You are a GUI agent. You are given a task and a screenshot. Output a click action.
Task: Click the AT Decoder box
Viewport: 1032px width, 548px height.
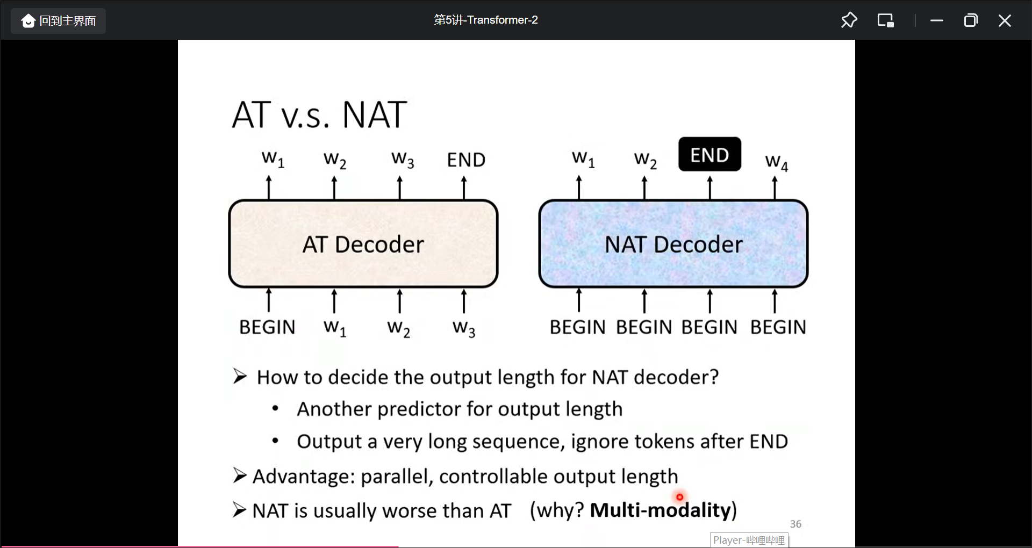[363, 244]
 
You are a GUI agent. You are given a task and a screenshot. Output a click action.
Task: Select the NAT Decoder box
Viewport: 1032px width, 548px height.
[673, 244]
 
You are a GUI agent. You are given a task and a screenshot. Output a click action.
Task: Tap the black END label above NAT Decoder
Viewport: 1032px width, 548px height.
[709, 155]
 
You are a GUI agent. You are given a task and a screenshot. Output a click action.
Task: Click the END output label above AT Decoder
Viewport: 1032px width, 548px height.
[466, 160]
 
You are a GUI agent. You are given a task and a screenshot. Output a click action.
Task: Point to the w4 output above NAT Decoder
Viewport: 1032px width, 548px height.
[776, 162]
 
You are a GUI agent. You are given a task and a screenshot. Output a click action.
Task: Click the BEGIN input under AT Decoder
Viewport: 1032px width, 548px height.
[267, 327]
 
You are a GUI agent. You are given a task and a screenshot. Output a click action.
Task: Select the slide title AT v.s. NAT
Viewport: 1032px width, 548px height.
[319, 115]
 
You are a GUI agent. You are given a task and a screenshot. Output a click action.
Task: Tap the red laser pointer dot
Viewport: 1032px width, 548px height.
[679, 497]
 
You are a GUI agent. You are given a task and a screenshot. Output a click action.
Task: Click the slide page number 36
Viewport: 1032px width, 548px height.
[795, 524]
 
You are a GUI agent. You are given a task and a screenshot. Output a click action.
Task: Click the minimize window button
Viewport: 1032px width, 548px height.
[937, 20]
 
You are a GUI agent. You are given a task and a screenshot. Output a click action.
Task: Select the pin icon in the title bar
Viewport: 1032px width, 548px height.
[849, 20]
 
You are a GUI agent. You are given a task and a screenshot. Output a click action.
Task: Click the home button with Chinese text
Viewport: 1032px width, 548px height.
[59, 21]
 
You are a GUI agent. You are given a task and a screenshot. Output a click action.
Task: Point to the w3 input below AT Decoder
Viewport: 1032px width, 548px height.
[464, 328]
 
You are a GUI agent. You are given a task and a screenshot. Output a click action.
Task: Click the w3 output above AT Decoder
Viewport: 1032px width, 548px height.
[403, 160]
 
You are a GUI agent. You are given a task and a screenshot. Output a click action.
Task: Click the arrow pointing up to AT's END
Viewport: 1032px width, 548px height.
[464, 188]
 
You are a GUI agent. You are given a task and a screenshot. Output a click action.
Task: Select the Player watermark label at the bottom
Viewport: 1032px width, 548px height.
[749, 540]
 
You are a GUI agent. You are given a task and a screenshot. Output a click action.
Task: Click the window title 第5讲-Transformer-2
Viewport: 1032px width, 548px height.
[486, 20]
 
